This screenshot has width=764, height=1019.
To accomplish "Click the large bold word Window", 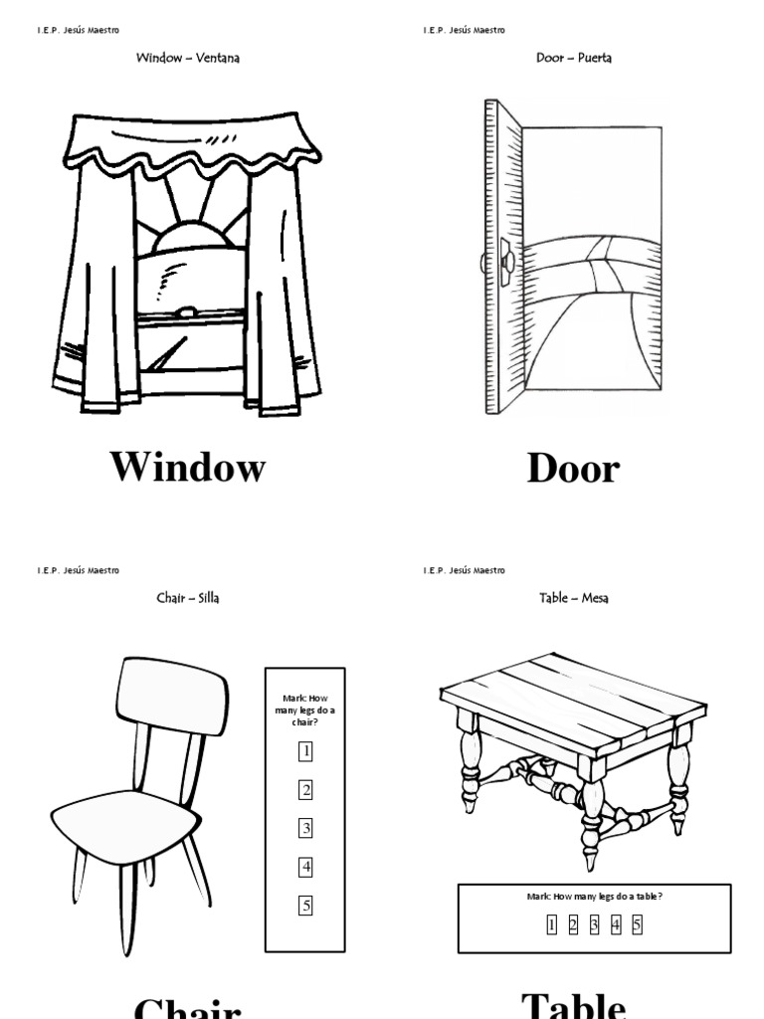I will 187,467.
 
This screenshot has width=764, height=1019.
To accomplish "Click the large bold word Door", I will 572,468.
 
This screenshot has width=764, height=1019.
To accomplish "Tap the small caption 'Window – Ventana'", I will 187,58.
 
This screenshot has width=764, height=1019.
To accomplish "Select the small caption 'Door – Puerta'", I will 573,58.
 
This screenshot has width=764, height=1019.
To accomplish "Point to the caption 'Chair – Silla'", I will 187,598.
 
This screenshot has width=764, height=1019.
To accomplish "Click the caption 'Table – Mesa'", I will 573,598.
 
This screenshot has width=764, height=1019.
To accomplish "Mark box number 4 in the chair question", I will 306,867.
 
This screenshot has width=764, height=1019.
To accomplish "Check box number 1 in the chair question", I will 306,751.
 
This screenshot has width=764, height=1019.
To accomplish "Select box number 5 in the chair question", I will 306,906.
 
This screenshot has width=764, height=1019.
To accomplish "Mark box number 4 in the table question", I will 616,925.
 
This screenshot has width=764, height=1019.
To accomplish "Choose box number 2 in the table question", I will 573,925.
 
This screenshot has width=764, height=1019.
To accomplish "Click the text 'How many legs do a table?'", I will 594,897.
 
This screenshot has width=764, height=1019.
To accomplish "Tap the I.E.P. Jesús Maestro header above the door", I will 464,30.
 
